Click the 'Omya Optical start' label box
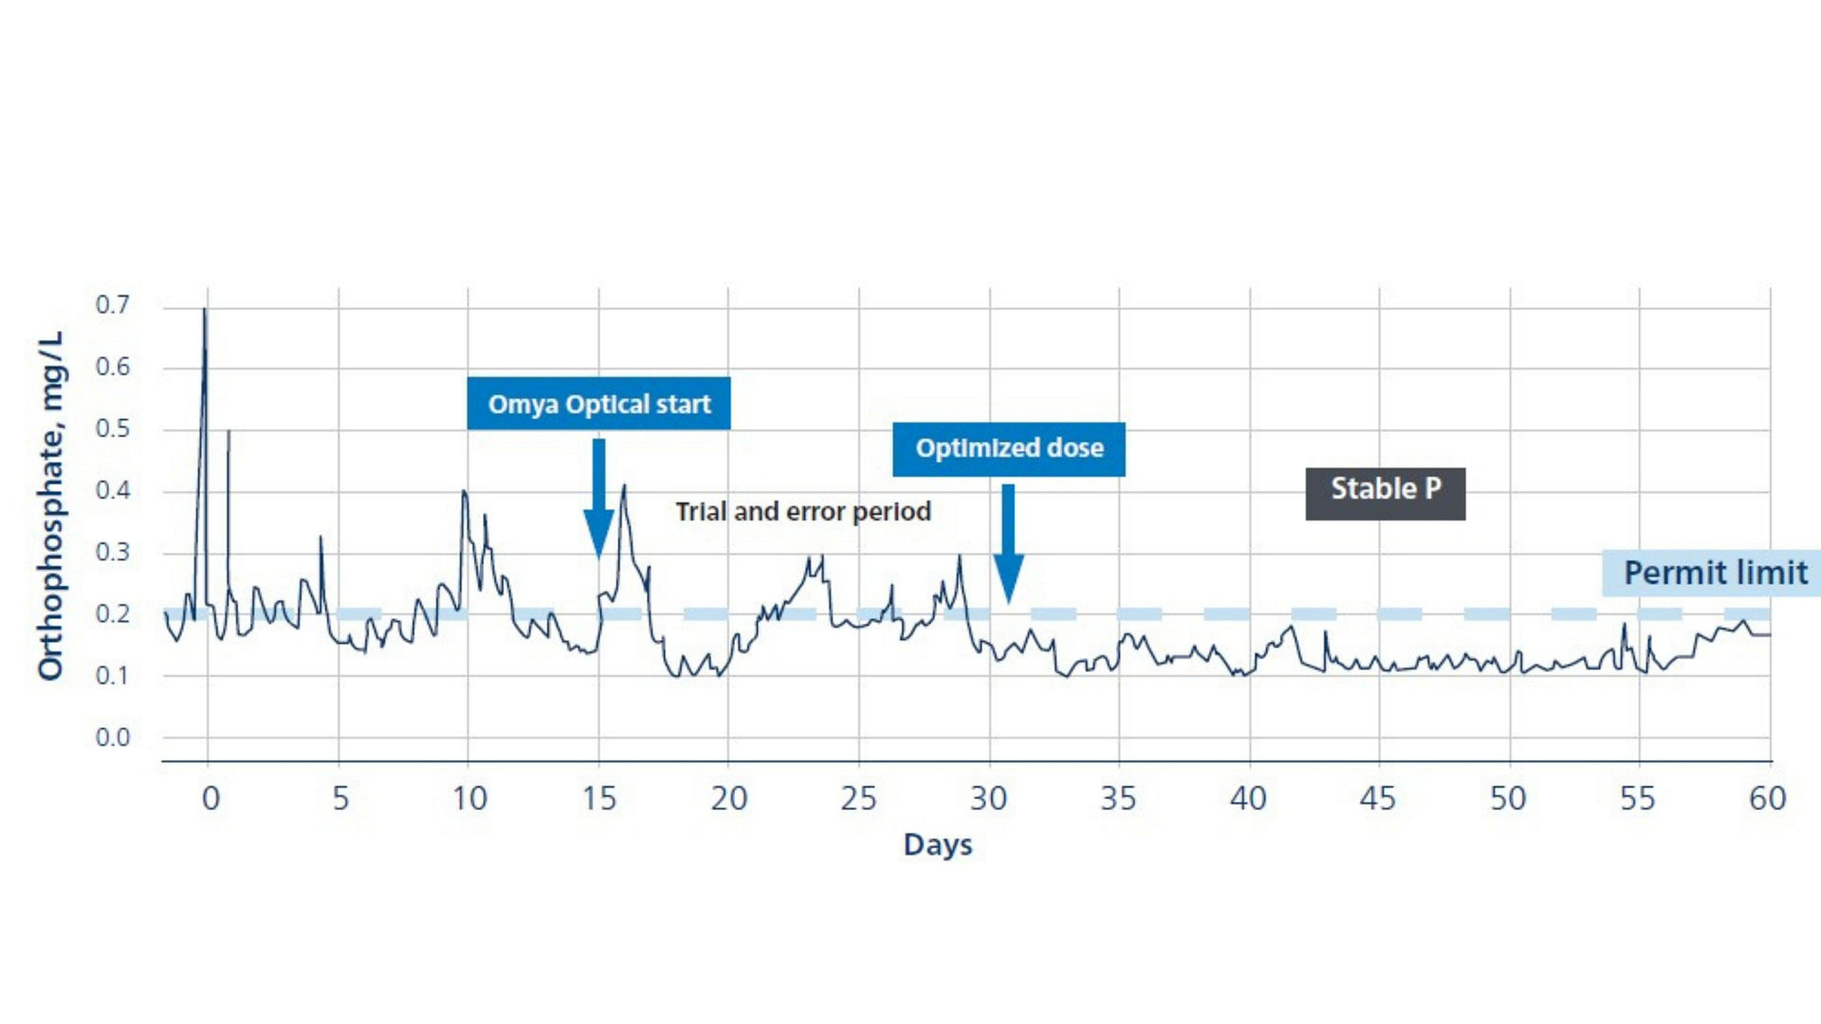point(598,404)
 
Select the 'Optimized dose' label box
point(1008,448)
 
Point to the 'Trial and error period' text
point(802,512)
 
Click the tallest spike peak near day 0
point(204,309)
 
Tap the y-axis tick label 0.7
point(113,305)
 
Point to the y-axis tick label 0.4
point(113,490)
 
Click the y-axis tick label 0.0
point(113,738)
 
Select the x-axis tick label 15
point(599,798)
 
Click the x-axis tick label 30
point(988,798)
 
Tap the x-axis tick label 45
point(1378,798)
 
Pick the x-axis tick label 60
point(1768,798)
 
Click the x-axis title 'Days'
point(937,845)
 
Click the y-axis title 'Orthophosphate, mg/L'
point(50,505)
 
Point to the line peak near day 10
point(464,491)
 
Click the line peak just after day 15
point(624,485)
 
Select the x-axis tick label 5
point(340,798)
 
